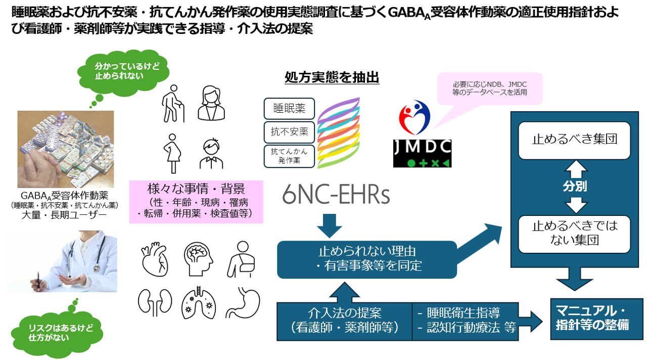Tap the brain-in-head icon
click(x=198, y=258)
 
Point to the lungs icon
click(x=198, y=302)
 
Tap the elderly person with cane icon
click(x=172, y=104)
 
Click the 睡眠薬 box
click(x=289, y=108)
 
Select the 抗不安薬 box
click(x=289, y=132)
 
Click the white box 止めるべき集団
click(x=575, y=140)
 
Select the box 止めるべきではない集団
click(x=575, y=233)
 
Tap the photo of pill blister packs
click(x=66, y=149)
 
